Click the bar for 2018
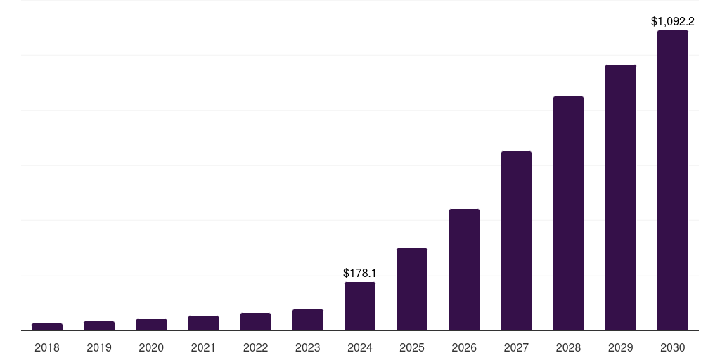point(47,327)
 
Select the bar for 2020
point(151,324)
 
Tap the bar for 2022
point(255,321)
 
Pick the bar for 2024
point(360,306)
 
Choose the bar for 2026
point(464,269)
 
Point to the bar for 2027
point(516,240)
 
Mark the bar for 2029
point(621,198)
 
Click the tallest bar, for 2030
point(673,180)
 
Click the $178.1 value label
point(359,272)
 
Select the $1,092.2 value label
point(673,22)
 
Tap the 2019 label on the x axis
point(99,347)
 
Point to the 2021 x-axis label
point(203,347)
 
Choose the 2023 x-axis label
point(307,347)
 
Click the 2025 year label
point(412,347)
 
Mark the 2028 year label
point(568,347)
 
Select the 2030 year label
point(673,347)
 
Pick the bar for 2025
point(412,289)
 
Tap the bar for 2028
point(568,213)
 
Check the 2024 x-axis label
point(360,347)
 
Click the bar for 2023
point(307,320)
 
